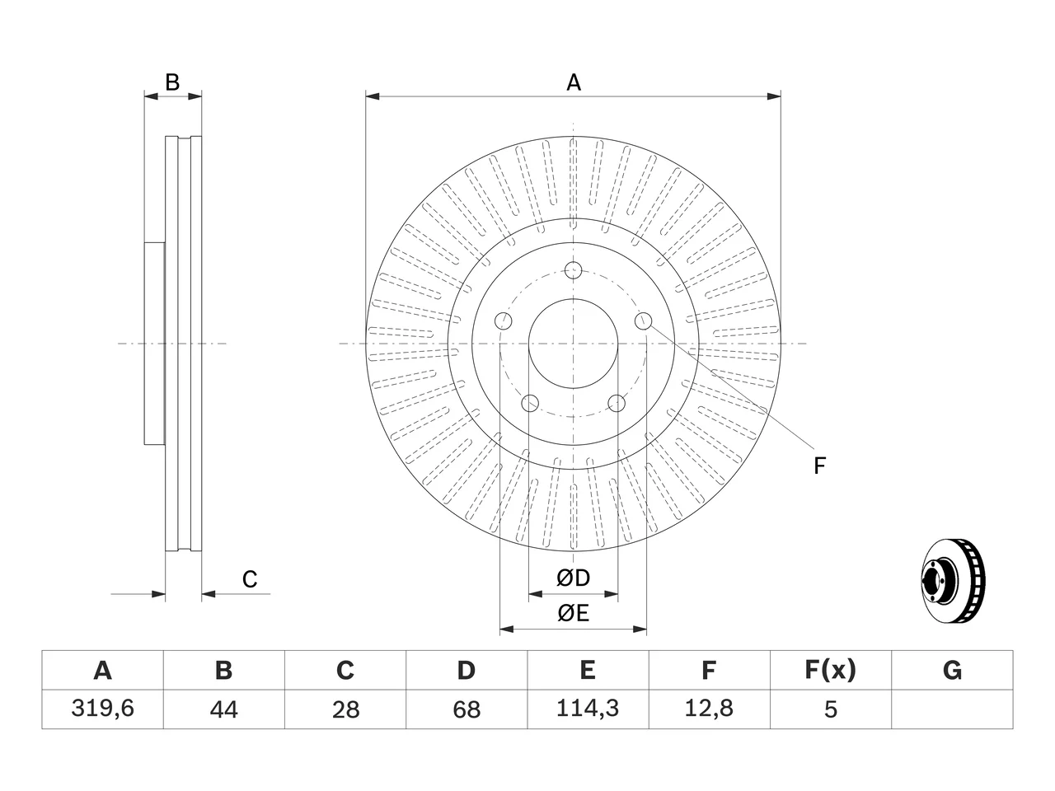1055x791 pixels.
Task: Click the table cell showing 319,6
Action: click(102, 709)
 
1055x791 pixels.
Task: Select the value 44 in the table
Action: click(224, 709)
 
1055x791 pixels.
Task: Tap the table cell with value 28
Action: click(345, 709)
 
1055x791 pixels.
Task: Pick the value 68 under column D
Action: click(467, 709)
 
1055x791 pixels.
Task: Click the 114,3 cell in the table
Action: click(588, 709)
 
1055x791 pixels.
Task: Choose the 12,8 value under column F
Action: click(710, 709)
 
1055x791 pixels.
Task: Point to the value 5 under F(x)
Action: click(831, 709)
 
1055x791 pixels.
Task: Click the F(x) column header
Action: click(831, 670)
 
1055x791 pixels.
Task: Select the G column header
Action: click(952, 670)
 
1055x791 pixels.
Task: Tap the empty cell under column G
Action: click(952, 709)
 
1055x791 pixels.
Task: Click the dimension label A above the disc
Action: click(574, 82)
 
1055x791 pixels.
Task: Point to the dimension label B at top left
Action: click(172, 82)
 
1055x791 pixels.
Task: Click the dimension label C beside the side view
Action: click(250, 579)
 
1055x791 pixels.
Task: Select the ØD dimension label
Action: click(573, 578)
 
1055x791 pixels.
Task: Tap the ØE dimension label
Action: click(573, 613)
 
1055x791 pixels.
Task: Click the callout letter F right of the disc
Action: click(819, 466)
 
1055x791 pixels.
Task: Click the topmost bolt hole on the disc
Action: click(573, 270)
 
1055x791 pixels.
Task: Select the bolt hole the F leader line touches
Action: click(643, 321)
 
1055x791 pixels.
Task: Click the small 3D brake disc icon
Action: click(953, 581)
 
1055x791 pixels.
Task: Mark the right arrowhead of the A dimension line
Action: click(774, 96)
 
